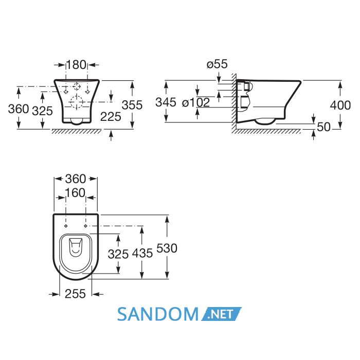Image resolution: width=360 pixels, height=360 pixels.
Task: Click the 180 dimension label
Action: pyautogui.click(x=76, y=64)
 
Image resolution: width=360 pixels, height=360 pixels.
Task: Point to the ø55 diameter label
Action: pyautogui.click(x=217, y=64)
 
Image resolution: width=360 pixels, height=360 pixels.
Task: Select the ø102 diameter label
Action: pyautogui.click(x=196, y=102)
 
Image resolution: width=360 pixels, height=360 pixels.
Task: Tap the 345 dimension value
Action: pyautogui.click(x=166, y=102)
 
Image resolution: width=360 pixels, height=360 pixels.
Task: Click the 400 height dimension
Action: pyautogui.click(x=340, y=105)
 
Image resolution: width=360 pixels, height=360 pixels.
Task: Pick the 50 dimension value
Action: pyautogui.click(x=323, y=127)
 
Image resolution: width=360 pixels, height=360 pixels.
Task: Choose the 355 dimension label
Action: pyautogui.click(x=132, y=105)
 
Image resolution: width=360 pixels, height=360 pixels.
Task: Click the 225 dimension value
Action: pyautogui.click(x=111, y=117)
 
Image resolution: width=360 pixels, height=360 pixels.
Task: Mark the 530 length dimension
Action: pyautogui.click(x=167, y=248)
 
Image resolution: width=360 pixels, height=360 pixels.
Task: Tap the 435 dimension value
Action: pyautogui.click(x=142, y=253)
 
